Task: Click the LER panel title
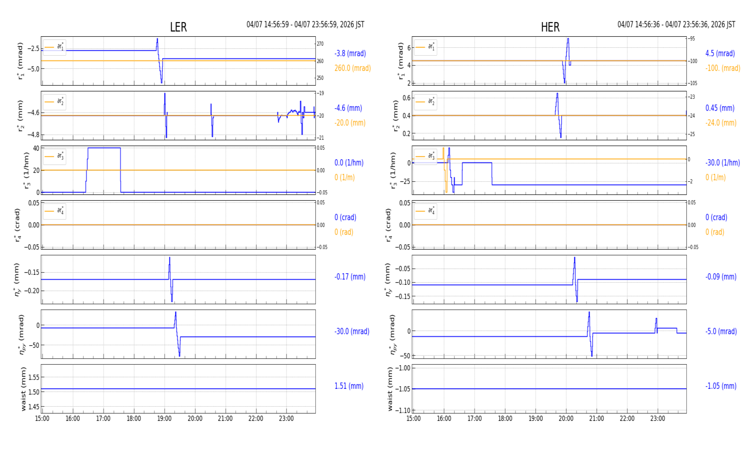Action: click(x=178, y=27)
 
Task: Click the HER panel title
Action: click(x=550, y=27)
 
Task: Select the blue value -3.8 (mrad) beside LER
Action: click(x=350, y=54)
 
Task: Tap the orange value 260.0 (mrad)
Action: click(x=352, y=68)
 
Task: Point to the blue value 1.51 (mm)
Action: click(x=348, y=386)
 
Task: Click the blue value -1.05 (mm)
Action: click(x=720, y=386)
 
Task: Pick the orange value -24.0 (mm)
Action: click(x=720, y=123)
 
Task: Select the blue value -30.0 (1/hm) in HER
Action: click(x=722, y=163)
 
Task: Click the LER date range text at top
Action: click(x=305, y=25)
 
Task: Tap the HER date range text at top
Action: click(x=676, y=25)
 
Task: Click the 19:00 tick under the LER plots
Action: click(x=164, y=419)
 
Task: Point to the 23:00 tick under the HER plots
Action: click(x=657, y=419)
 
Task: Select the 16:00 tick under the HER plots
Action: click(x=444, y=419)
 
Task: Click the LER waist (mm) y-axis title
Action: click(x=23, y=389)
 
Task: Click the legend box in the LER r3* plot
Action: click(x=55, y=156)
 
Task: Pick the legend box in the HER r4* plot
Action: click(x=425, y=211)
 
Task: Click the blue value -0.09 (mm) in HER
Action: click(x=720, y=277)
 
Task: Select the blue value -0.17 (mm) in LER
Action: click(x=349, y=277)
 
